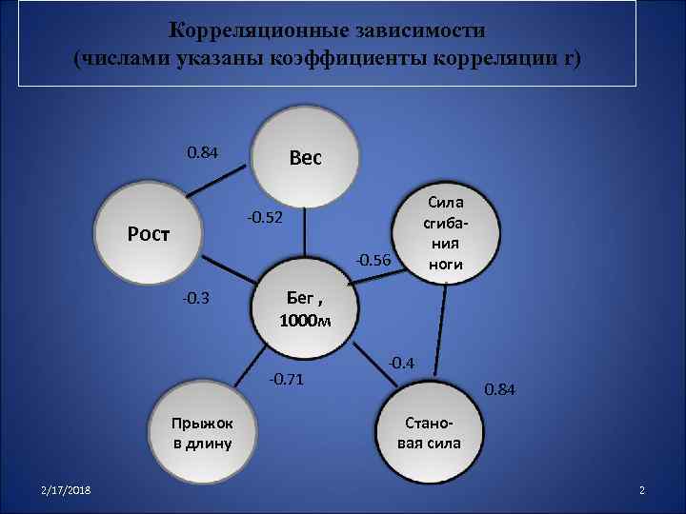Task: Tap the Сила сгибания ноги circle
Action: coord(446,234)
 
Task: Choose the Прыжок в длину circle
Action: coord(202,433)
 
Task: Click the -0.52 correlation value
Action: coord(265,220)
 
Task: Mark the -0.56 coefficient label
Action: coord(373,260)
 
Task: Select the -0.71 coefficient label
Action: coord(286,381)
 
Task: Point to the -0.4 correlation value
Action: coord(401,363)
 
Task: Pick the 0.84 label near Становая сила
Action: coord(500,389)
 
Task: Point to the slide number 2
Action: coord(642,489)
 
